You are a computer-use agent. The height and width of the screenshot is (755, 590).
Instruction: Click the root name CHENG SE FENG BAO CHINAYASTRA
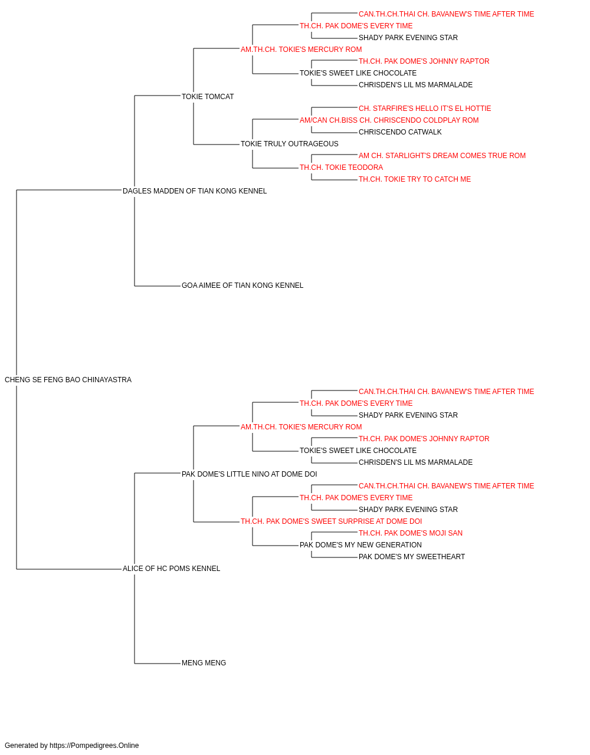click(68, 380)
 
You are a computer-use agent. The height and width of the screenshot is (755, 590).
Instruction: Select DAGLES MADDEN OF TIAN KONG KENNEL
click(195, 191)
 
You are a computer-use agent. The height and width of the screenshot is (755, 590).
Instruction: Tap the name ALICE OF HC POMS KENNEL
click(171, 569)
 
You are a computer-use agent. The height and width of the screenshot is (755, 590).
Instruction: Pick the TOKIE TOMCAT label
click(208, 97)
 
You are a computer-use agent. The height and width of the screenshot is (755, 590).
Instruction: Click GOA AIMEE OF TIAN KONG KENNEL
click(242, 285)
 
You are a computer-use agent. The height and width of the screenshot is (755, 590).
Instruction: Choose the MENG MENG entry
click(204, 663)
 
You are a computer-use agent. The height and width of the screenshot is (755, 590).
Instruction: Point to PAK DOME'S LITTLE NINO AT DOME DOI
click(250, 474)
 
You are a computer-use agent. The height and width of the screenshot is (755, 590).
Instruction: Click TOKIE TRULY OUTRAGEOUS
click(290, 144)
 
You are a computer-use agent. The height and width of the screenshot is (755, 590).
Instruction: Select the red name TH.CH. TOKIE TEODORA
click(341, 168)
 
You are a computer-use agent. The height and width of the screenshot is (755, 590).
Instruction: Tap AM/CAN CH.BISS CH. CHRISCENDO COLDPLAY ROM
click(389, 120)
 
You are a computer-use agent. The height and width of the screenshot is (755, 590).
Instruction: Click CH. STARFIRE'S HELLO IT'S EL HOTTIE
click(425, 109)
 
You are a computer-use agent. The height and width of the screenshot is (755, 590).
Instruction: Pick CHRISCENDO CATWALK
click(400, 132)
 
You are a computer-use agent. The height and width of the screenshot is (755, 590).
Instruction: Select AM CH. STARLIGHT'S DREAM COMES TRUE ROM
click(442, 156)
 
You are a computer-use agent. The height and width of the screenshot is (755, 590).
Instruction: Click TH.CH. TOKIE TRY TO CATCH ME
click(415, 179)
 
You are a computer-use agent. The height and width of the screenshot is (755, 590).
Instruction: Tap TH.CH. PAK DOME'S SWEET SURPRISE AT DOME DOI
click(331, 521)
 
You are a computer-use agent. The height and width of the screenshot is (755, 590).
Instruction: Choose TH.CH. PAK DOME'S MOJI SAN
click(411, 533)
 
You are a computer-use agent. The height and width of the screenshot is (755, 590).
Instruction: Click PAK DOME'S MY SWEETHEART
click(412, 557)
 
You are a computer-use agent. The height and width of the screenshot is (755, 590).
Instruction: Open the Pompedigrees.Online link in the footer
click(94, 746)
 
